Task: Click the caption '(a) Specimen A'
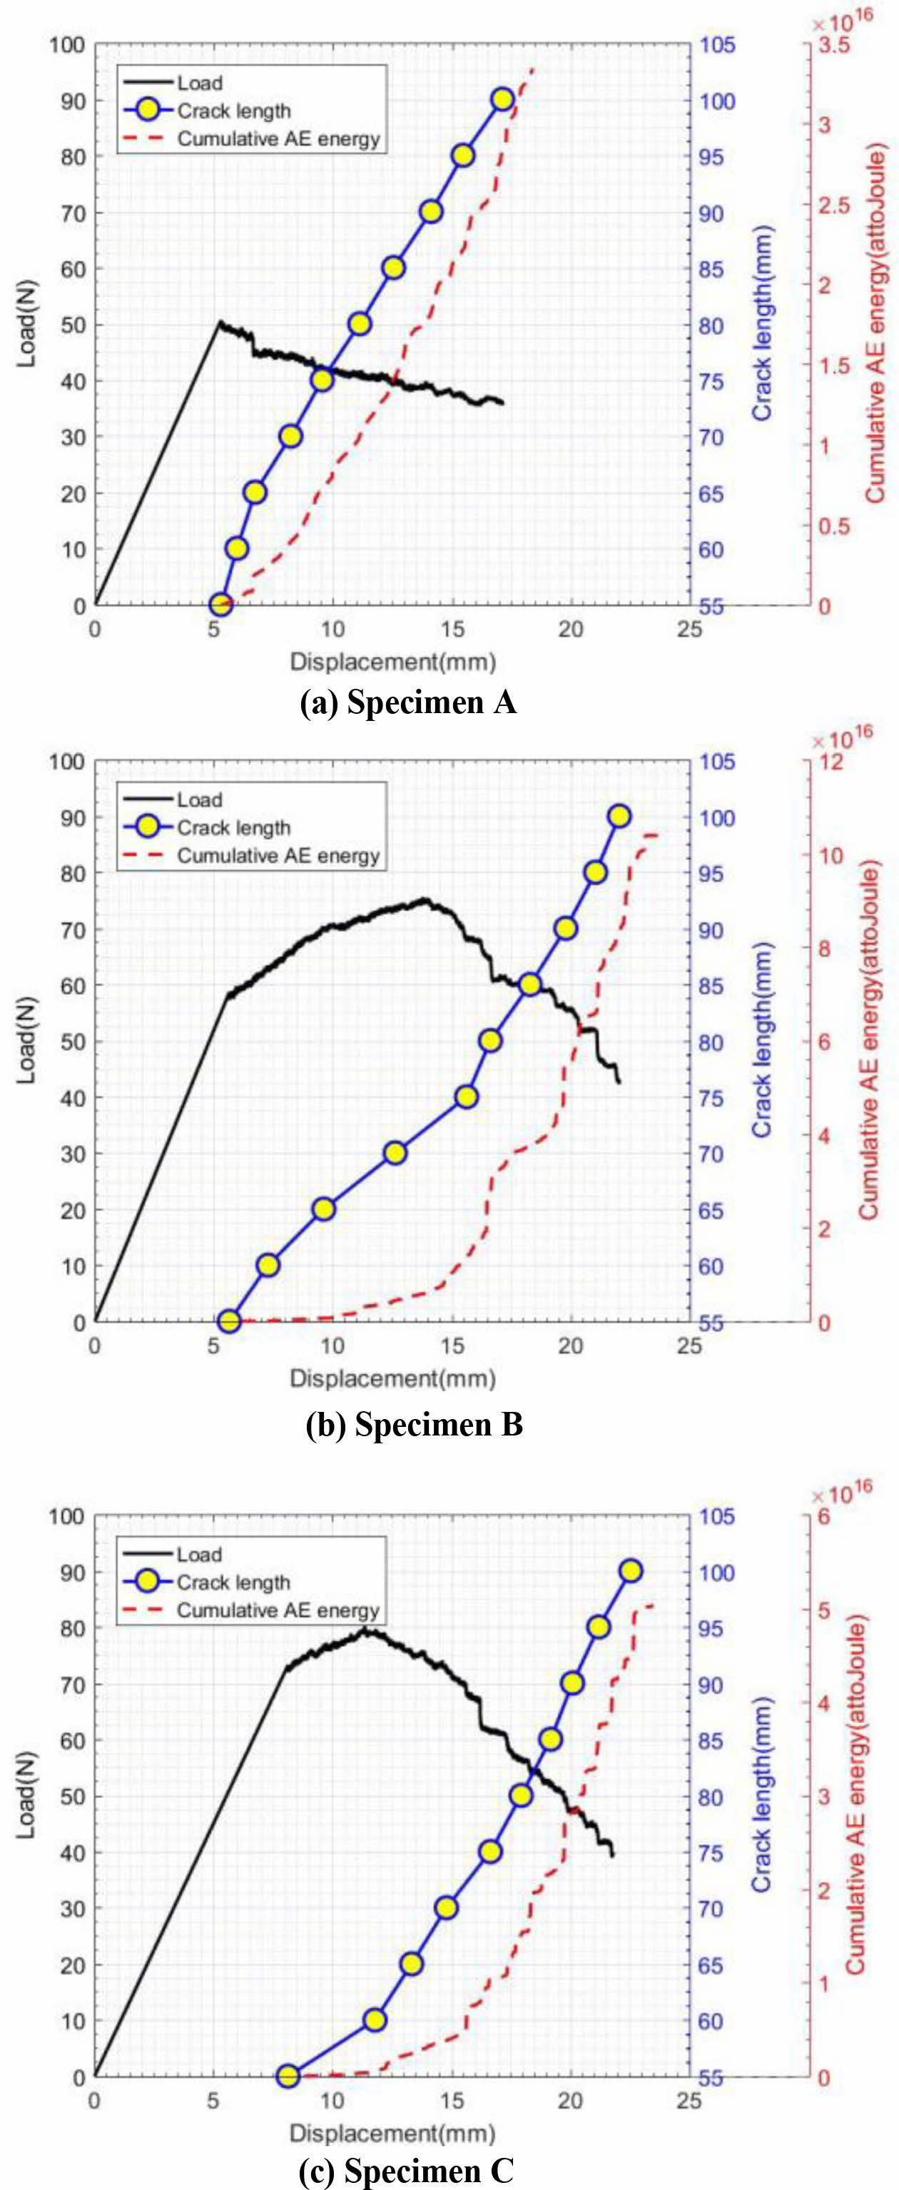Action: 409,703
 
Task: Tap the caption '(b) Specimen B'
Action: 414,1424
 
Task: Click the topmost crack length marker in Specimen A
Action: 502,99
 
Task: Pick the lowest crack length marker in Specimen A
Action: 220,605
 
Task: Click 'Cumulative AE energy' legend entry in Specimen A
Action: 278,138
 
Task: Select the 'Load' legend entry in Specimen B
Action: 199,800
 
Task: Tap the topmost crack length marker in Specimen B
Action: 619,816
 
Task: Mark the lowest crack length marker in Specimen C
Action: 288,2076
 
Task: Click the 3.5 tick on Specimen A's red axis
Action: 833,45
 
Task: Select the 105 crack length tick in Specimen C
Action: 716,1517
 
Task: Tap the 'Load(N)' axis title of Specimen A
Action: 27,323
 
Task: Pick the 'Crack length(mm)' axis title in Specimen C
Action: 762,1794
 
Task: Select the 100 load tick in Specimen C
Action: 66,1517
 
